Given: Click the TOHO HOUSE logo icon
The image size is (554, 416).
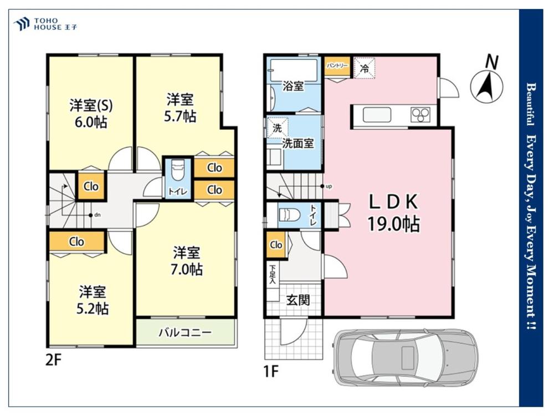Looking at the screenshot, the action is tap(21, 24).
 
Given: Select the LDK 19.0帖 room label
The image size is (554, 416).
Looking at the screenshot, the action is tap(393, 212).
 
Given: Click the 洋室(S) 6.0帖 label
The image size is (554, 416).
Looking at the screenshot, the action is tap(91, 114).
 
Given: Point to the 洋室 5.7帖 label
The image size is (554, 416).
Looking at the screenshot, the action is tap(180, 108).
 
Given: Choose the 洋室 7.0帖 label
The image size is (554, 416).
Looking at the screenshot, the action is tap(187, 261).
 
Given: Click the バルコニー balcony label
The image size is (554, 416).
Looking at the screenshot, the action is tap(185, 332).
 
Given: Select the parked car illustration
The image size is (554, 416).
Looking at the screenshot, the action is tap(406, 357).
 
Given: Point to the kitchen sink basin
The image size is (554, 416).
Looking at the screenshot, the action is tap(377, 115).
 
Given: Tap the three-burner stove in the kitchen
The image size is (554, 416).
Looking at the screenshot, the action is tap(420, 115).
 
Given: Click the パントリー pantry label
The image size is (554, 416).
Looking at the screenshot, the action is tap(337, 66).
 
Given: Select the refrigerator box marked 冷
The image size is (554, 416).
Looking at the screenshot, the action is tap(365, 68).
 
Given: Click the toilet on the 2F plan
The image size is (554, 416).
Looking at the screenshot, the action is tap(177, 170).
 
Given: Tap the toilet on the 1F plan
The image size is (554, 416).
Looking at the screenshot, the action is tap(289, 215).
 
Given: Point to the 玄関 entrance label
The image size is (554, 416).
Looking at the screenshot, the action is tap(298, 300).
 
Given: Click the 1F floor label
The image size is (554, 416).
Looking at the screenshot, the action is tap(271, 372).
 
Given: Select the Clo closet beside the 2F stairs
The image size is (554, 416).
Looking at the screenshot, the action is tap(91, 186).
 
